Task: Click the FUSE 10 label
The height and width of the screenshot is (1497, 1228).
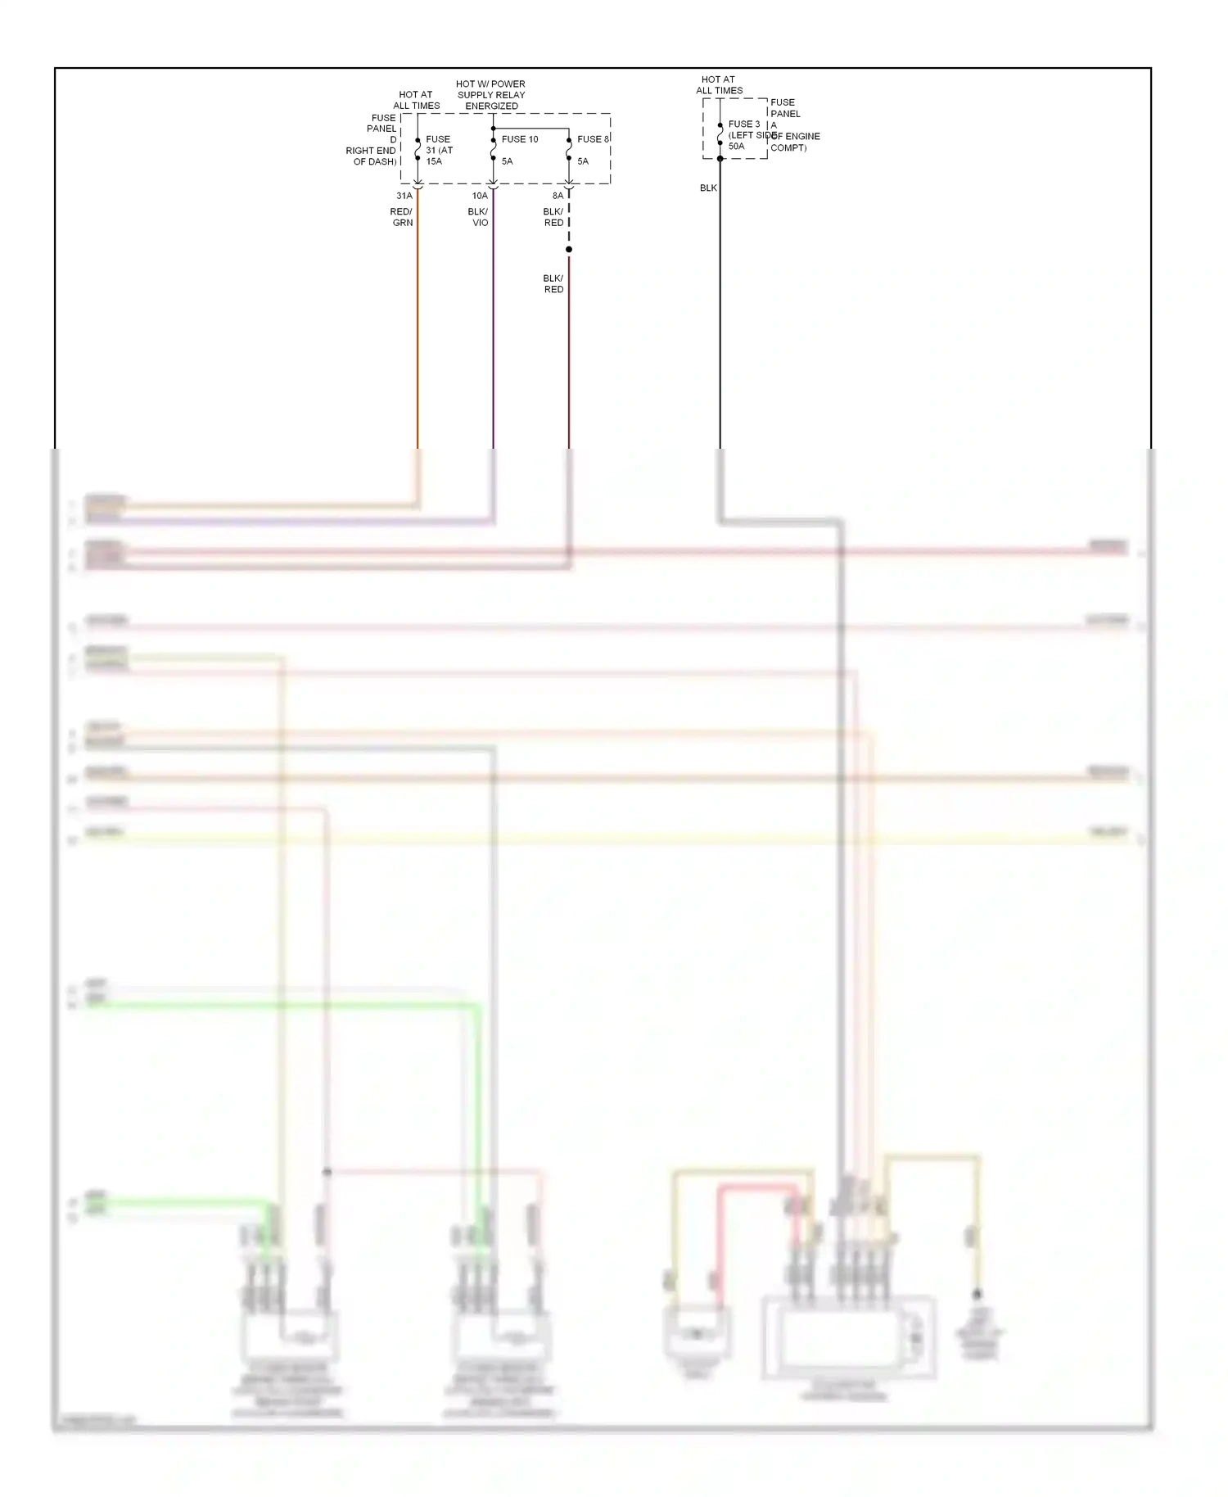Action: [x=520, y=139]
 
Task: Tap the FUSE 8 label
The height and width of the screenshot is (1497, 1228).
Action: [x=593, y=139]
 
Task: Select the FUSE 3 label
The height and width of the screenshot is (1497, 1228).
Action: [x=743, y=124]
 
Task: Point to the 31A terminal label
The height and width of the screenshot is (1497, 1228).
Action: [x=404, y=196]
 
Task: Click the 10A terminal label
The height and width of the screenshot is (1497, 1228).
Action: [x=480, y=196]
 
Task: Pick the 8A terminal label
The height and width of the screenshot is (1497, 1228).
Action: [x=558, y=196]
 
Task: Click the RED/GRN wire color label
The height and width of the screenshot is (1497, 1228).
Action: [x=402, y=217]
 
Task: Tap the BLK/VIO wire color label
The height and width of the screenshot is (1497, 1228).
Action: [x=478, y=217]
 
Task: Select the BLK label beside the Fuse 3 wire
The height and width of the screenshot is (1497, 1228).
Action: [x=708, y=188]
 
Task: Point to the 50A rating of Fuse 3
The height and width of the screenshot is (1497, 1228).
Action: [x=737, y=147]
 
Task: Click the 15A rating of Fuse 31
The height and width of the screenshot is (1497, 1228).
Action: [x=434, y=161]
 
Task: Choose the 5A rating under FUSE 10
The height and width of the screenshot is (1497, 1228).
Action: [x=508, y=161]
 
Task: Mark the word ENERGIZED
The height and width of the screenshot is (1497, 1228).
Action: [x=491, y=106]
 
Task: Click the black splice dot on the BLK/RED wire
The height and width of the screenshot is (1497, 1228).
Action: [x=569, y=250]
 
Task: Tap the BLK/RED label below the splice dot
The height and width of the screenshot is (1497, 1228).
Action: [x=553, y=283]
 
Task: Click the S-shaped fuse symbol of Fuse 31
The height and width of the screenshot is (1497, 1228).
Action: [x=418, y=149]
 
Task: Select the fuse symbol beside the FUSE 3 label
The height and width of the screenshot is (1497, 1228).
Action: [x=720, y=134]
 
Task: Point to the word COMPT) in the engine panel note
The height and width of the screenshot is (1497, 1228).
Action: [x=788, y=148]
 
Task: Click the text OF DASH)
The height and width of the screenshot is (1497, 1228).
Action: [x=375, y=161]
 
